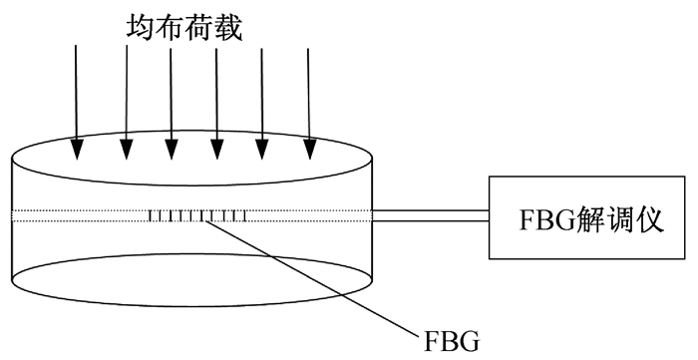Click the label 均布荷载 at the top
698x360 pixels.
[x=184, y=27]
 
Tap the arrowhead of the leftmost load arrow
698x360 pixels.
[x=78, y=149]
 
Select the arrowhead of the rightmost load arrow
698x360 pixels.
[x=310, y=149]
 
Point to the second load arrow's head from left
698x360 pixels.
[x=127, y=149]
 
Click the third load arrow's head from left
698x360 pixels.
[x=172, y=149]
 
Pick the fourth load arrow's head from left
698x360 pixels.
[x=216, y=149]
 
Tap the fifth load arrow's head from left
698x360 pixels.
[x=261, y=149]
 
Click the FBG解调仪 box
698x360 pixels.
[x=586, y=217]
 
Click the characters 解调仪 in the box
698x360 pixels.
[x=619, y=219]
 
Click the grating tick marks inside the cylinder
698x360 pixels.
[x=196, y=215]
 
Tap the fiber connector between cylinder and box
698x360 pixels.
[x=431, y=215]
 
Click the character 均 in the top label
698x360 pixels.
[x=141, y=27]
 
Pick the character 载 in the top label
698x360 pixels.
[x=228, y=27]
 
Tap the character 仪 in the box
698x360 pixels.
[x=649, y=219]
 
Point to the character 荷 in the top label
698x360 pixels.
[x=199, y=27]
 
